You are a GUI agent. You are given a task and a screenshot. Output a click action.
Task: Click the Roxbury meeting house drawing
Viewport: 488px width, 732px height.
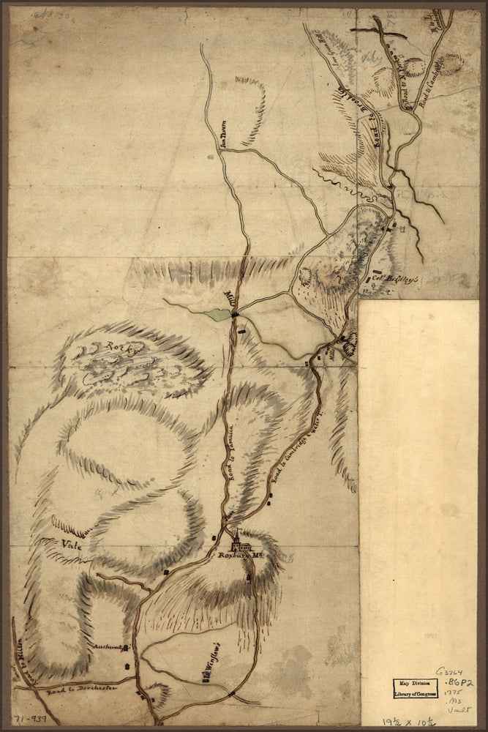(241, 545)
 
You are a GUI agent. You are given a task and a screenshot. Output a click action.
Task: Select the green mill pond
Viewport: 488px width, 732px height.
(217, 315)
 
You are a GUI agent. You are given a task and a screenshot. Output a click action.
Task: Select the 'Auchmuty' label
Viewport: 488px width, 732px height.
(110, 647)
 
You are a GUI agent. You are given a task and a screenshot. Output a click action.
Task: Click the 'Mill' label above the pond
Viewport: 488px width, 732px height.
(229, 300)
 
